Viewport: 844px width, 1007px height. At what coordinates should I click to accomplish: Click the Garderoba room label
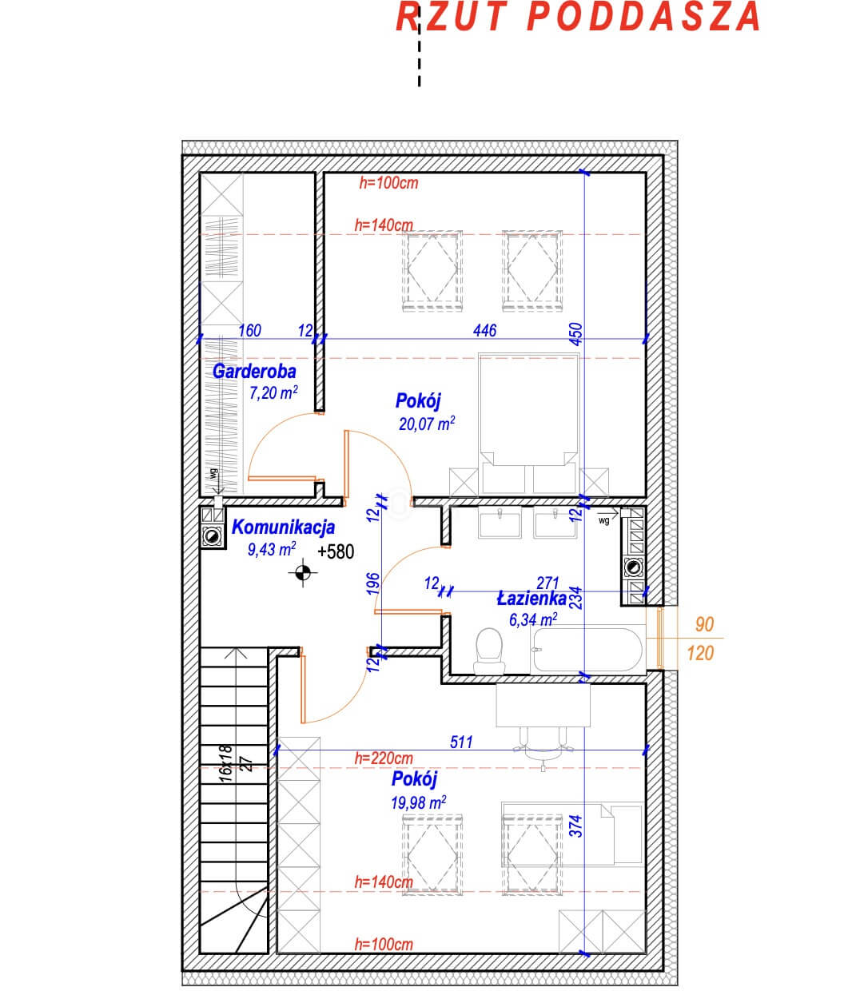click(x=254, y=372)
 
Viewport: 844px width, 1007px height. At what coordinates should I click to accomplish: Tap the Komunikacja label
click(x=283, y=527)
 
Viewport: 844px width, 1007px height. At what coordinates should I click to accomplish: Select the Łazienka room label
click(x=531, y=599)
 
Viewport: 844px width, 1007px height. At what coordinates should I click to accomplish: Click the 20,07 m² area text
click(x=427, y=424)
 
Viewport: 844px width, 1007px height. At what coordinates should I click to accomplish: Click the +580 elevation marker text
click(x=336, y=551)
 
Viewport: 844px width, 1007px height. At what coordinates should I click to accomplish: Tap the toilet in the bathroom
click(x=489, y=651)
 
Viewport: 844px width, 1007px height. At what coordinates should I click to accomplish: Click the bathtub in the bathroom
click(x=588, y=649)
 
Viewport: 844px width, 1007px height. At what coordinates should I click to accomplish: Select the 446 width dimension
click(x=484, y=330)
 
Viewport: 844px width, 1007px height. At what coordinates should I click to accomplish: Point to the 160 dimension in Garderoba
click(x=250, y=330)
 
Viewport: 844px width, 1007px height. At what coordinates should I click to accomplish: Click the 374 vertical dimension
click(x=576, y=826)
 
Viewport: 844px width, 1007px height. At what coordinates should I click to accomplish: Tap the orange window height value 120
click(x=700, y=653)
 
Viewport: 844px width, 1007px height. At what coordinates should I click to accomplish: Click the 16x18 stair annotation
click(x=225, y=764)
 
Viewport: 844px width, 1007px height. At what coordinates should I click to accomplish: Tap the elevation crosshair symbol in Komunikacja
click(x=302, y=573)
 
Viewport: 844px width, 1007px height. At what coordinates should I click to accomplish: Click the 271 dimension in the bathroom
click(x=547, y=583)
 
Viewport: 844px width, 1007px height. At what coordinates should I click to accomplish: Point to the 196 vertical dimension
click(x=373, y=583)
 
